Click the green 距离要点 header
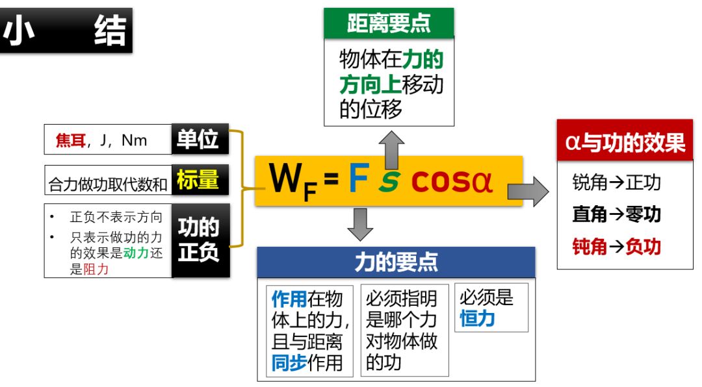click(x=389, y=23)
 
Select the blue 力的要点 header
click(x=396, y=262)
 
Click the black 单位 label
click(x=200, y=139)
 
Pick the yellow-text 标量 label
click(x=200, y=180)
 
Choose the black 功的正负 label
click(x=200, y=240)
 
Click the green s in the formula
click(x=389, y=184)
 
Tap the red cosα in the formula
click(x=452, y=182)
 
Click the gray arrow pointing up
click(x=392, y=149)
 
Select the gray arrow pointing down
click(x=360, y=224)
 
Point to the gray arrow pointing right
click(x=528, y=189)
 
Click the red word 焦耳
click(x=70, y=140)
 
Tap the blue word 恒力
click(x=477, y=318)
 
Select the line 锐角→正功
click(x=616, y=182)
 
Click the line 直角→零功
click(x=616, y=214)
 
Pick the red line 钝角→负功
click(x=616, y=247)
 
